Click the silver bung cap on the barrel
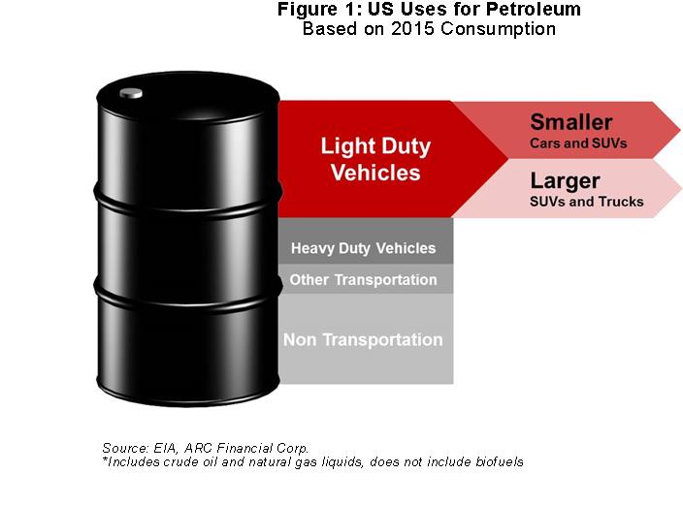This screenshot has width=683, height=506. point(131,93)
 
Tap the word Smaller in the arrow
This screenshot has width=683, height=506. point(571,122)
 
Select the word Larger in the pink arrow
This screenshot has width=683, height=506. point(565,181)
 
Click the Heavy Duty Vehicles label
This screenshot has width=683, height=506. point(363,248)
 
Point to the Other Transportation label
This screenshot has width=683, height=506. point(363,280)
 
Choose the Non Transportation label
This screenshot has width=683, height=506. point(363,340)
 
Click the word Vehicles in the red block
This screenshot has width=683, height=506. point(375,173)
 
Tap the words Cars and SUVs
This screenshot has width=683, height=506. point(578,143)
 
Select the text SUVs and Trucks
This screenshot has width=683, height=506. point(587,202)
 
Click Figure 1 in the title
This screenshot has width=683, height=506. point(320,10)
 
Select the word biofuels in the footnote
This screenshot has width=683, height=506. point(500,461)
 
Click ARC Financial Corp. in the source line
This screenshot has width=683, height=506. point(246,448)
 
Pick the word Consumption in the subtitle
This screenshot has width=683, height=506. point(498,30)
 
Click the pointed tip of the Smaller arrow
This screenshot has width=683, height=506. point(679,129)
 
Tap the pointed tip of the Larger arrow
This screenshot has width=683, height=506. point(681,188)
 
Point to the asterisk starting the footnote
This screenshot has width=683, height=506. point(105,459)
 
